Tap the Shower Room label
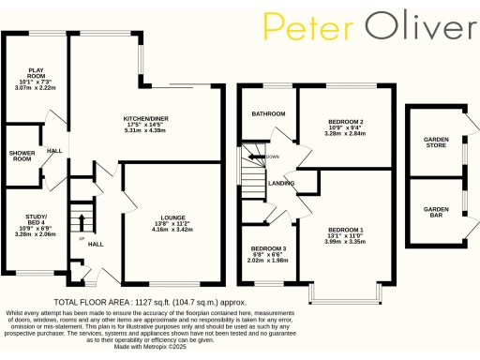pos(20,155)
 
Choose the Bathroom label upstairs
pos(267,113)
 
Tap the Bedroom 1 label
pos(345,230)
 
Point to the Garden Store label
pos(436,142)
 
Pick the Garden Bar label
pos(436,211)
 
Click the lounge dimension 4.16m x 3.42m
pos(172,230)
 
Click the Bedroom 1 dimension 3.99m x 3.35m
pos(345,242)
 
